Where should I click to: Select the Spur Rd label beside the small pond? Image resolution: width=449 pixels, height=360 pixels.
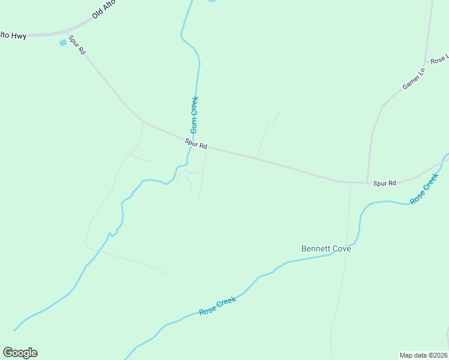pos(76,46)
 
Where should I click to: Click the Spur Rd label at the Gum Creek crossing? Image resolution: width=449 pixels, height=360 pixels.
pos(196,145)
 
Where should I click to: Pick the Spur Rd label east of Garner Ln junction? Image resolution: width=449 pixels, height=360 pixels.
pos(384,183)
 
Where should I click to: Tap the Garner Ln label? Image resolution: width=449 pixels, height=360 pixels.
pos(414,78)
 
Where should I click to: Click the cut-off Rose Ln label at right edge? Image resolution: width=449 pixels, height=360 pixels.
pos(439,59)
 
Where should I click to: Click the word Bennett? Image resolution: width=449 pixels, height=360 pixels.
pos(316,248)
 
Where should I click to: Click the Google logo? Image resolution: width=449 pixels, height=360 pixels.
pos(20,353)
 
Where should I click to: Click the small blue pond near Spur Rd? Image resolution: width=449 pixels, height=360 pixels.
pos(62,43)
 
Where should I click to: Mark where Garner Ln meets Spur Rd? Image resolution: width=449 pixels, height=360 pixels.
pos(367,183)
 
